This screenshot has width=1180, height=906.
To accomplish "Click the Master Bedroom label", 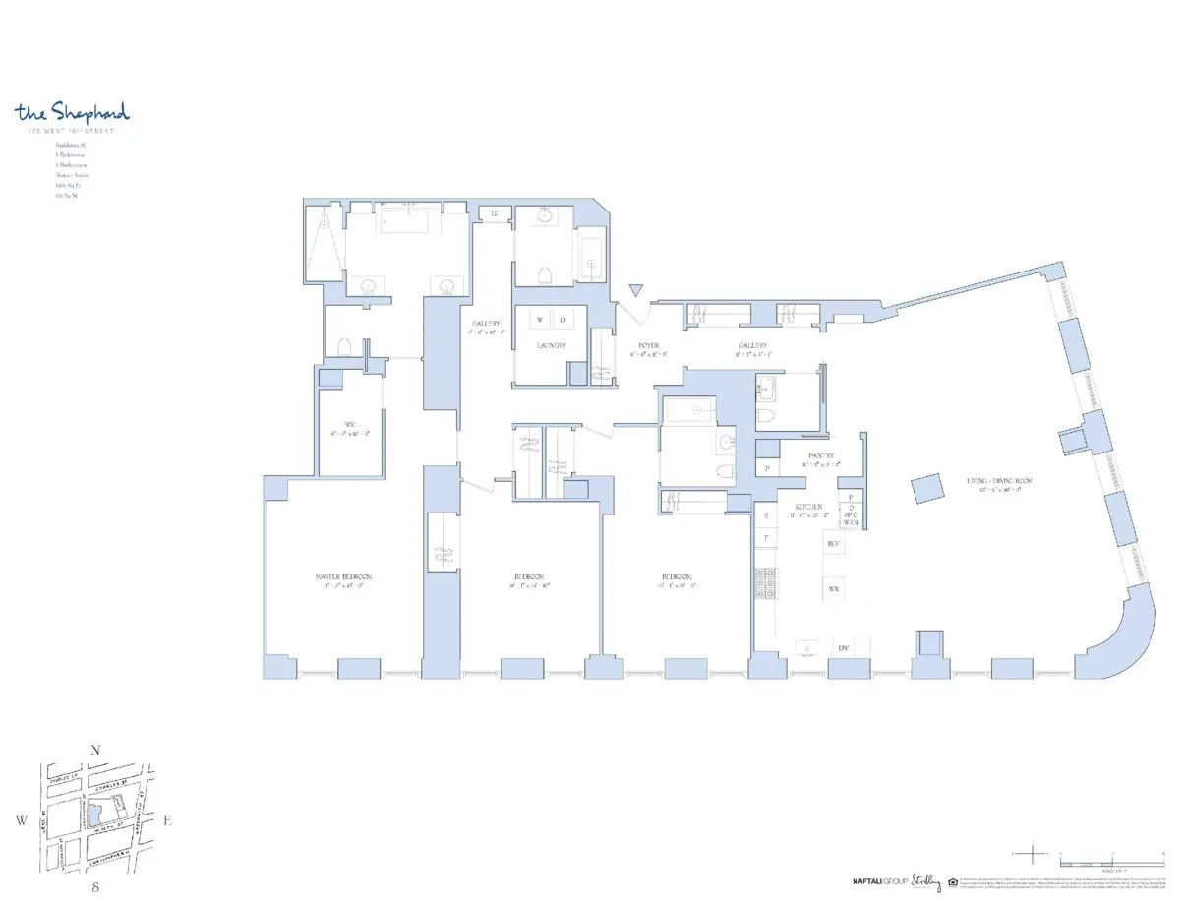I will pyautogui.click(x=343, y=576).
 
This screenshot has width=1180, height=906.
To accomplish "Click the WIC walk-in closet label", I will pyautogui.click(x=349, y=425).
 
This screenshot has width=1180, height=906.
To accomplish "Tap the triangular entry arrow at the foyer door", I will pyautogui.click(x=636, y=290).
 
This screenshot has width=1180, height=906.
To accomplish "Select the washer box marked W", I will pyautogui.click(x=541, y=320).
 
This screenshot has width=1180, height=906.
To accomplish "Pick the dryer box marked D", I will pyautogui.click(x=563, y=320).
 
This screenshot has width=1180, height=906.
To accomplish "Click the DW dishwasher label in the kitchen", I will pyautogui.click(x=843, y=648).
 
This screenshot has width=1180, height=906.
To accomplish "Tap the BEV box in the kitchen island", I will pyautogui.click(x=834, y=544).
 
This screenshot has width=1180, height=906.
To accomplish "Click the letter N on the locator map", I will pyautogui.click(x=95, y=751).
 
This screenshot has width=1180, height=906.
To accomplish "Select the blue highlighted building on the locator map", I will pyautogui.click(x=95, y=813).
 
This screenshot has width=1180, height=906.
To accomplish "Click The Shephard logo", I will pyautogui.click(x=72, y=112).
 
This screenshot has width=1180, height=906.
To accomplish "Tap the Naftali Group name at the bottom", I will pyautogui.click(x=879, y=880).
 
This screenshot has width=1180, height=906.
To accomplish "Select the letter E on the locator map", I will pyautogui.click(x=167, y=819).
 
